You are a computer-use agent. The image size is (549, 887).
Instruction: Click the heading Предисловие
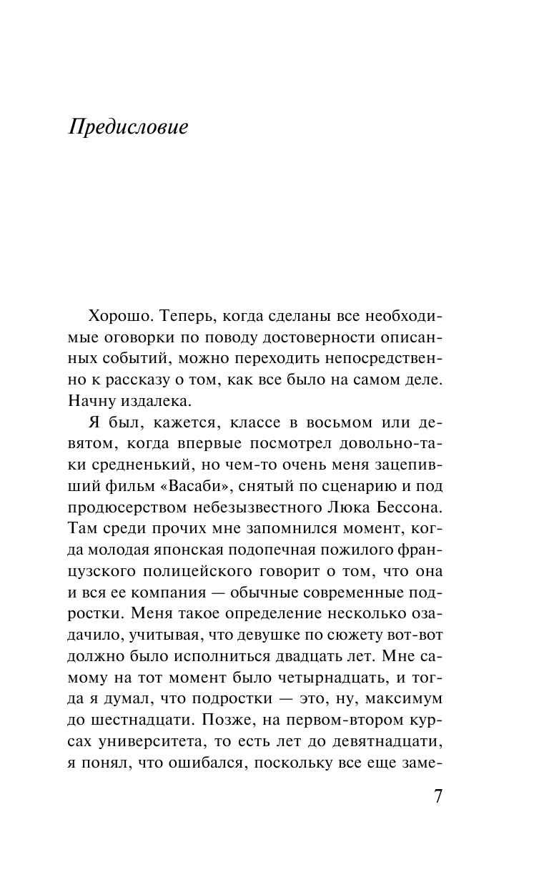click(x=128, y=127)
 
